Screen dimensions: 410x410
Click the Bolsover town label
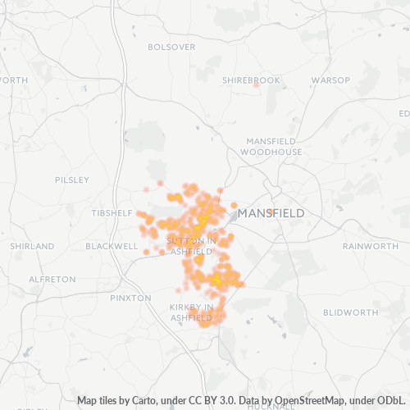pyautogui.click(x=171, y=47)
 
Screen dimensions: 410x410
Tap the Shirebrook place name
pyautogui.click(x=251, y=80)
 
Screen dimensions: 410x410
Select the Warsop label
pyautogui.click(x=330, y=80)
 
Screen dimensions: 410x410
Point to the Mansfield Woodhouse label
pyautogui.click(x=274, y=146)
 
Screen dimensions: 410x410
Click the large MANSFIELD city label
pyautogui.click(x=271, y=213)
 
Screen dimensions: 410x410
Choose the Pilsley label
pyautogui.click(x=71, y=180)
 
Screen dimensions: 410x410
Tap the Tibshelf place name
pyautogui.click(x=112, y=213)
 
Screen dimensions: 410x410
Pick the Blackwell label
pyautogui.click(x=112, y=246)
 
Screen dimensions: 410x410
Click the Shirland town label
pyautogui.click(x=32, y=246)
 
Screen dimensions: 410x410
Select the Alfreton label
pyautogui.click(x=52, y=280)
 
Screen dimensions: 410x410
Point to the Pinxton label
pyautogui.click(x=130, y=298)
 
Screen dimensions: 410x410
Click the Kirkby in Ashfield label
pyautogui.click(x=191, y=312)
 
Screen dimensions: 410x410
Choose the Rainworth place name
pyautogui.click(x=370, y=246)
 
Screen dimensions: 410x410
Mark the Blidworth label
pyautogui.click(x=350, y=312)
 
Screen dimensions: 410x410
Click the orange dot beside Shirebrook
pyautogui.click(x=256, y=84)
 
